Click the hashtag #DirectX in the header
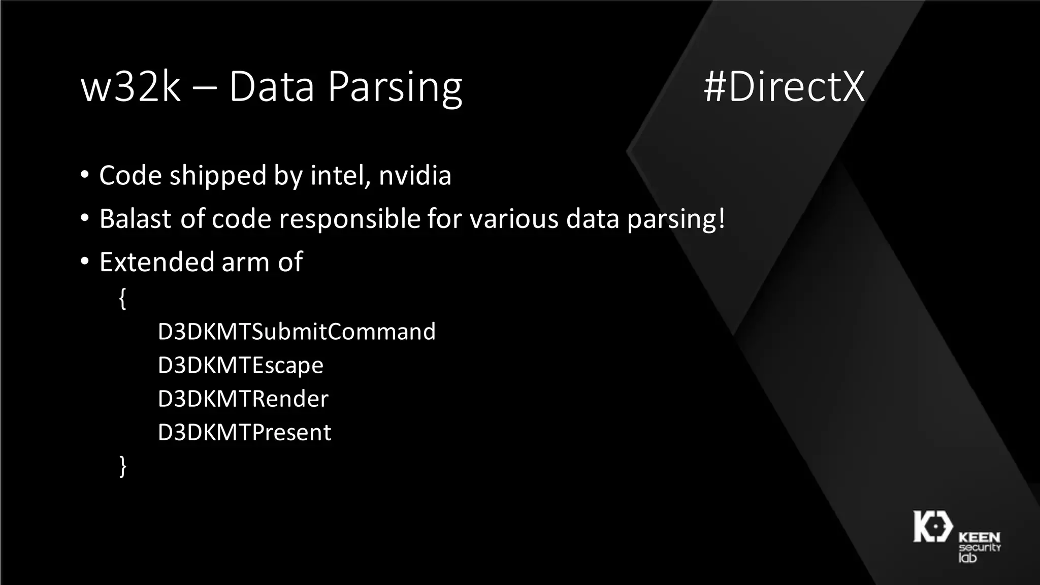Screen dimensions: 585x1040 784,87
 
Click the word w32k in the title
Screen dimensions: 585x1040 131,87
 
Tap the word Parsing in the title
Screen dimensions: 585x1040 395,88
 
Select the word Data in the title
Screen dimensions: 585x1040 272,87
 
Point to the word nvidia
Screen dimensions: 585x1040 415,176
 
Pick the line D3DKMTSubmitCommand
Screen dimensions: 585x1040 297,332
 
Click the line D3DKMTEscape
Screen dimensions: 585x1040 240,366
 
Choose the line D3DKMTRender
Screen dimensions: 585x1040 243,399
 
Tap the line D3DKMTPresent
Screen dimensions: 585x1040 244,433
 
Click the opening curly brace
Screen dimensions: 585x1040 122,299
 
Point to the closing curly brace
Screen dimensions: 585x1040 122,466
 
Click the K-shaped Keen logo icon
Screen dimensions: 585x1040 933,527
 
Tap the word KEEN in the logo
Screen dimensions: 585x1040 979,537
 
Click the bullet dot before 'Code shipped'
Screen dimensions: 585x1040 85,176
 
